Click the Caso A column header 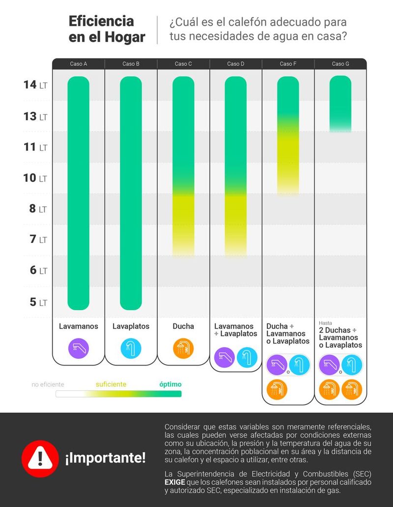coord(79,64)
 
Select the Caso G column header coord(340,64)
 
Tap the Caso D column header coord(236,64)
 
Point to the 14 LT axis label coord(36,85)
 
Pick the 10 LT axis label coord(36,178)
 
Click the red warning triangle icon coord(40,458)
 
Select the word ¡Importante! coord(105,459)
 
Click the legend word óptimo coord(170,384)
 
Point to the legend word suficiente coord(111,384)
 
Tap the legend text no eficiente coord(48,385)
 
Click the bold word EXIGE coord(175,482)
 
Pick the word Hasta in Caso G coord(326,323)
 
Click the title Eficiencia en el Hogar coord(107,29)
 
